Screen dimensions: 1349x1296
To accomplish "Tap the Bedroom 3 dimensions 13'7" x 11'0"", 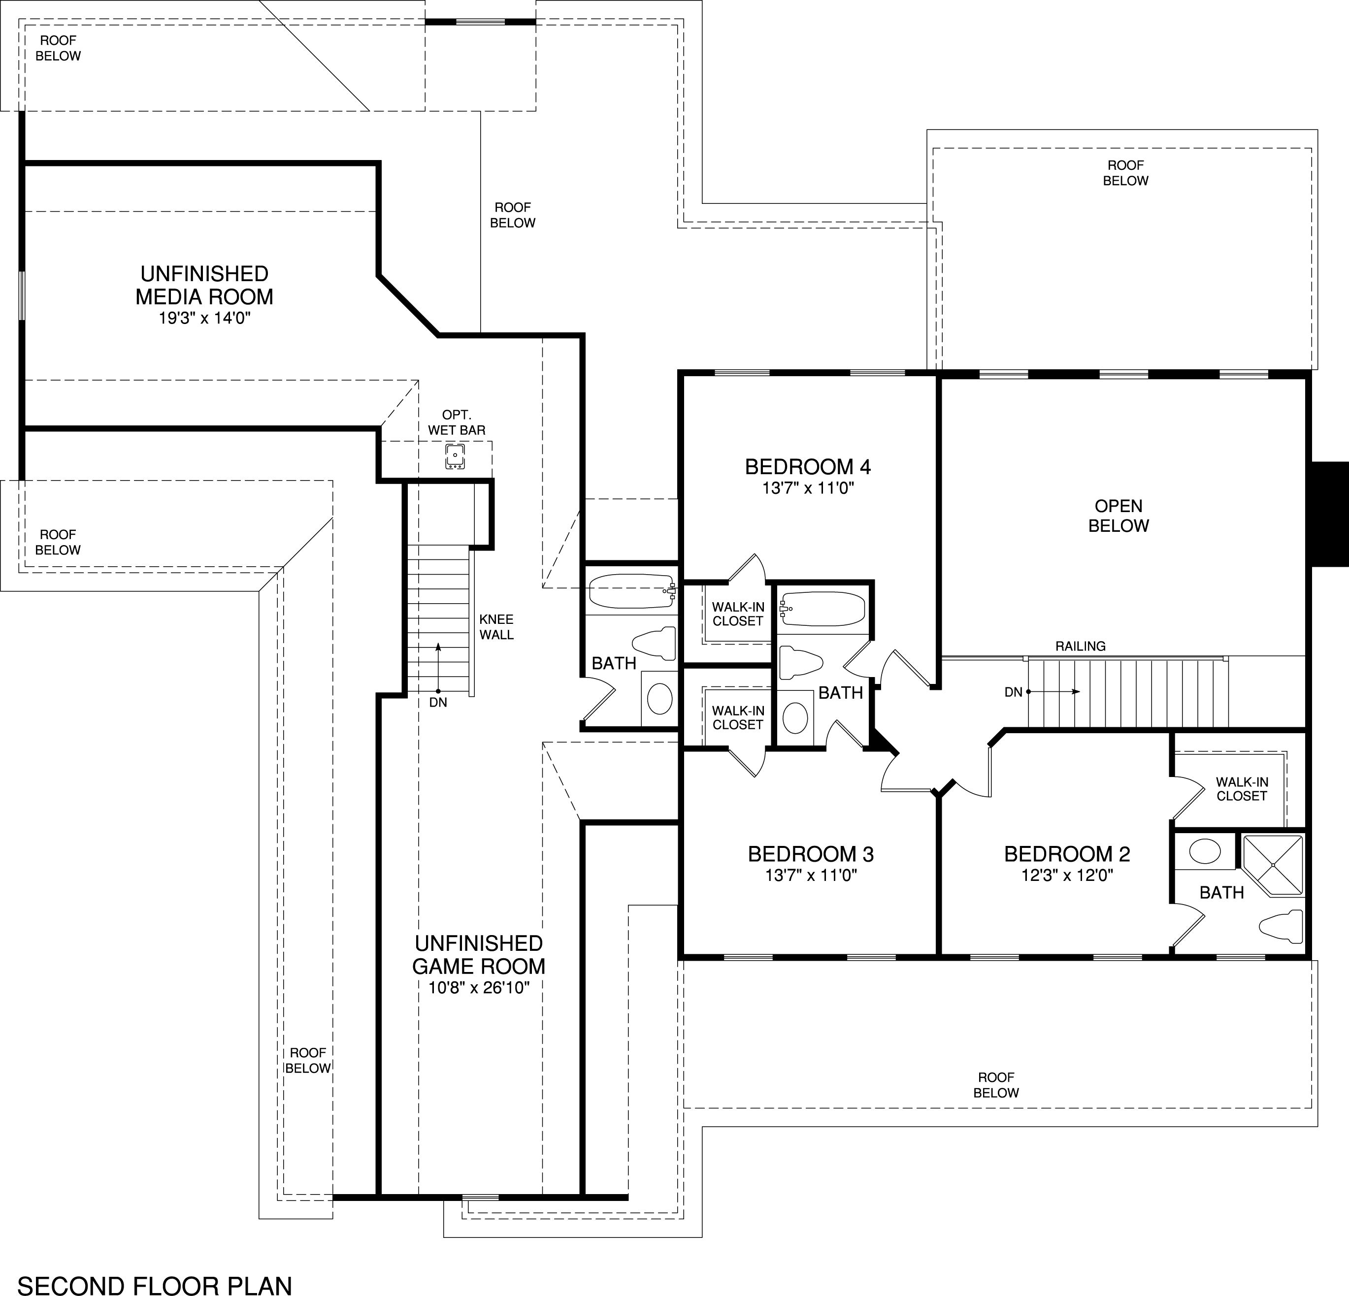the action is (811, 875).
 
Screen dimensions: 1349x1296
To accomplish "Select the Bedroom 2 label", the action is (1067, 854).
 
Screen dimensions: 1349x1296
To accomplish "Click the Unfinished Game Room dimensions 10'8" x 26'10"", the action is (479, 988).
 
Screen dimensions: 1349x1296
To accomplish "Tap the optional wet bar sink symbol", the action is (455, 457).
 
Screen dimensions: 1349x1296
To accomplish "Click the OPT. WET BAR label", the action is (457, 422).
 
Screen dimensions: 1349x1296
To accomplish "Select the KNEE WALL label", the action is (496, 627).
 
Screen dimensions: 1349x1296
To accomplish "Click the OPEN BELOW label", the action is (1119, 516).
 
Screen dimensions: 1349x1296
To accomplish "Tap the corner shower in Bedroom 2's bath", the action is (1272, 865).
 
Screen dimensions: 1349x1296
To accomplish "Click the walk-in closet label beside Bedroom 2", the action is (1242, 789).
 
